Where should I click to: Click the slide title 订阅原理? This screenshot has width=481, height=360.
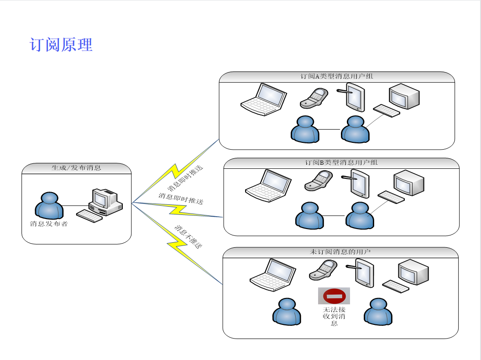click(61, 45)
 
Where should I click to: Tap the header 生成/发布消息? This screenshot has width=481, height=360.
click(76, 168)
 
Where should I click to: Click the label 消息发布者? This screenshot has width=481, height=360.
click(49, 224)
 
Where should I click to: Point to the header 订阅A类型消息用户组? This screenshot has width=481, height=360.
click(337, 77)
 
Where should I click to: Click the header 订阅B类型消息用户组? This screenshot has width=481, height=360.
click(341, 162)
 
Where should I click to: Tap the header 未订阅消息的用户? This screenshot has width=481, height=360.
click(340, 252)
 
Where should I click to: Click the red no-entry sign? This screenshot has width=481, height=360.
click(334, 296)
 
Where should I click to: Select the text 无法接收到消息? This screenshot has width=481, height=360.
click(334, 316)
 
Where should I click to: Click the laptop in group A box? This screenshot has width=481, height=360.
click(264, 99)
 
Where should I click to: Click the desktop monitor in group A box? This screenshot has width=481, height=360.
click(404, 96)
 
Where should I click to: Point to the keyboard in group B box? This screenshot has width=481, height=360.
click(391, 197)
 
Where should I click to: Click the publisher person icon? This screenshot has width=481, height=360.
click(49, 206)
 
